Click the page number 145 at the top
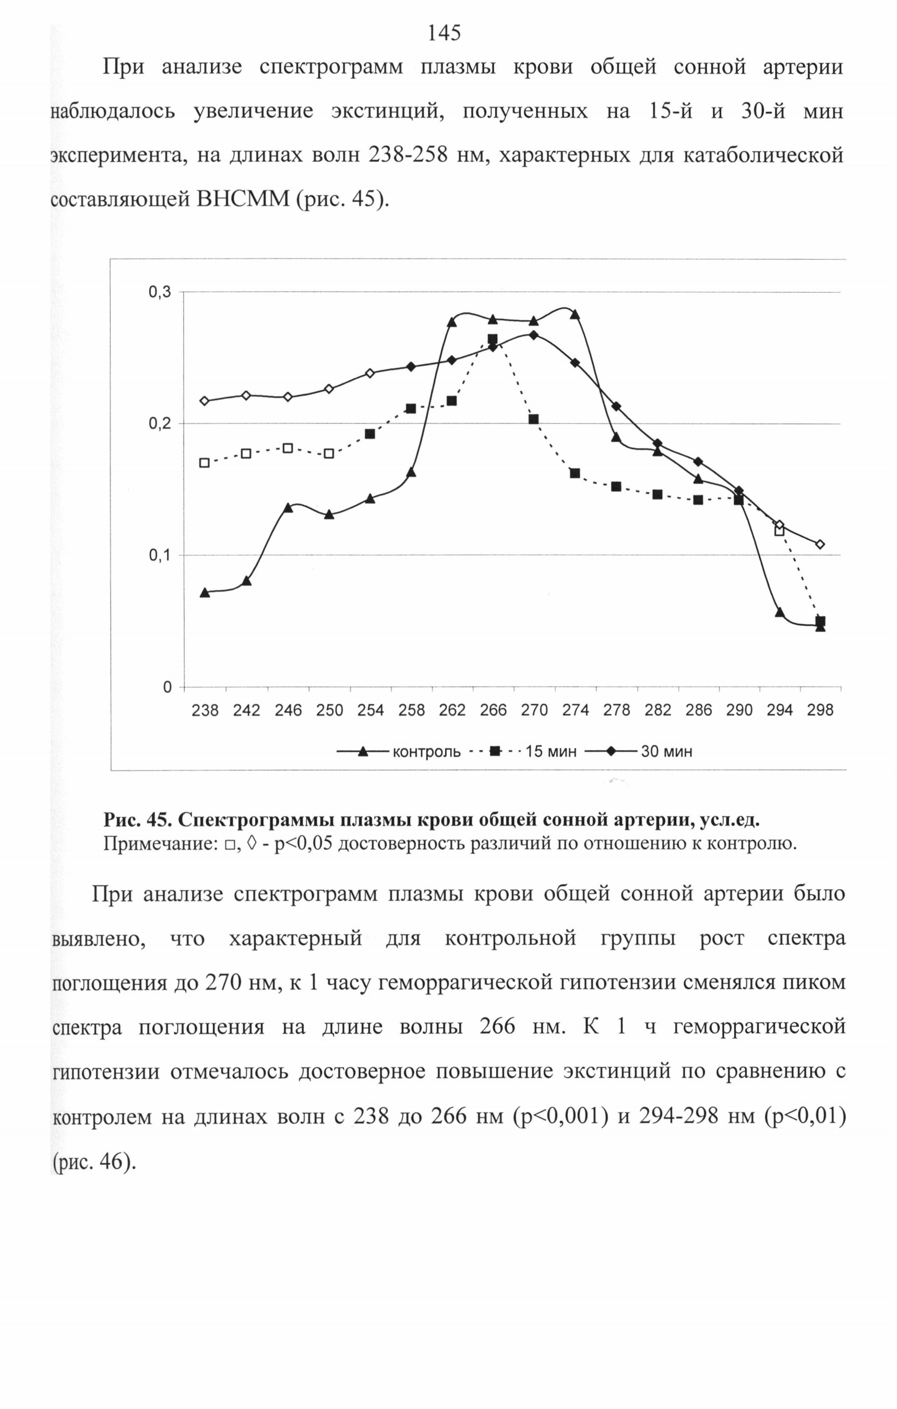(444, 33)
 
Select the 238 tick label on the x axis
(206, 710)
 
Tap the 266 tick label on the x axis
(493, 710)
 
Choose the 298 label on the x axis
(820, 710)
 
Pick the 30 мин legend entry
(639, 751)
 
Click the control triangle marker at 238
(205, 593)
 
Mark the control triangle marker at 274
(575, 314)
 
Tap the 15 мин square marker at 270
(534, 419)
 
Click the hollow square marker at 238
(205, 463)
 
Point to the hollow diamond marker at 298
(820, 544)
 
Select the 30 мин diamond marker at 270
(534, 335)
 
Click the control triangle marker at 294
(780, 612)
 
